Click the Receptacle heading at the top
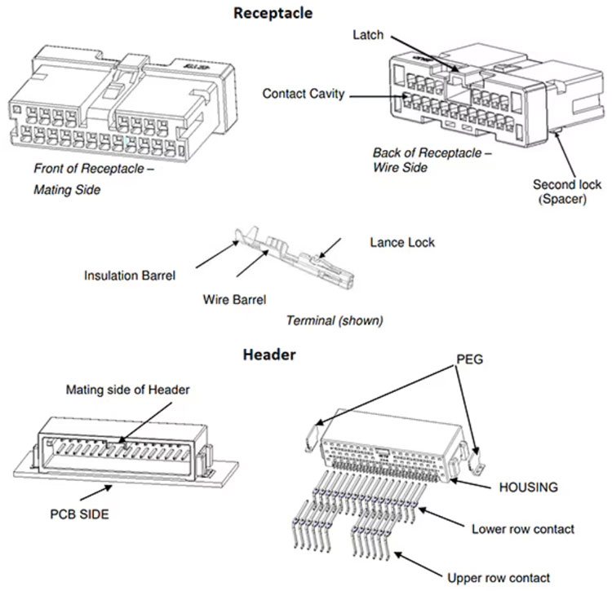point(273,13)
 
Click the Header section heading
point(269,355)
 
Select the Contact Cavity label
point(304,94)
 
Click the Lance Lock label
point(402,242)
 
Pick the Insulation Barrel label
point(130,276)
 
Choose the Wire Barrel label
point(233,299)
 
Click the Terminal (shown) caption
point(334,320)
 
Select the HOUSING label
point(528,487)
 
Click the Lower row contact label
point(523,529)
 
